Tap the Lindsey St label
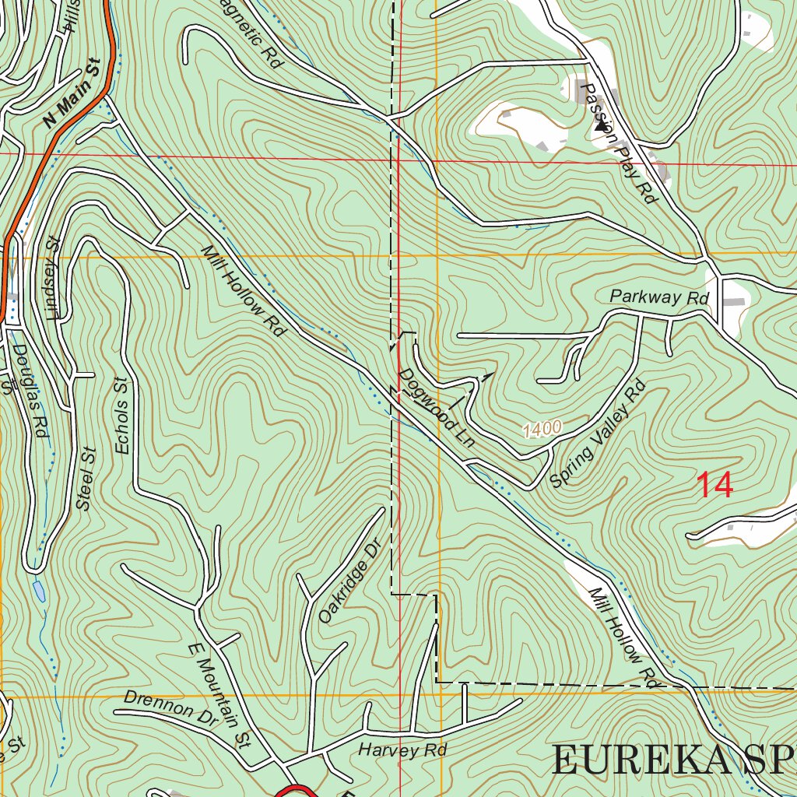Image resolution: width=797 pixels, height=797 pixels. click(53, 279)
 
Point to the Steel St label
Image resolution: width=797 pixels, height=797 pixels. click(85, 479)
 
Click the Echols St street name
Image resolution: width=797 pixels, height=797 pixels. click(121, 416)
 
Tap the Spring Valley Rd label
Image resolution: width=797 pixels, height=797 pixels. click(598, 434)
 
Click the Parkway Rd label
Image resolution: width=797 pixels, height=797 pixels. click(659, 297)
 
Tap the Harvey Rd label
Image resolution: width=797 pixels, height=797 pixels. click(402, 750)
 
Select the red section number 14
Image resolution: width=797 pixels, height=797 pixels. click(714, 485)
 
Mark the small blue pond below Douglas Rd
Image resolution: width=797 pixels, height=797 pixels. click(38, 592)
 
